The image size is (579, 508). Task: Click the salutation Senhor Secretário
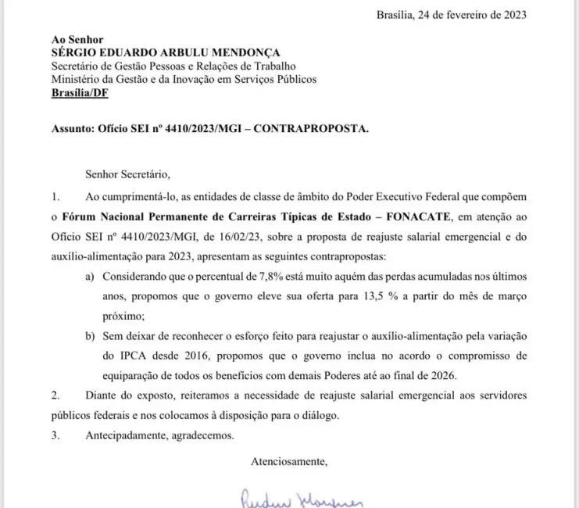(124, 174)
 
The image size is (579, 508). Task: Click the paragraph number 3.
(55, 435)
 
